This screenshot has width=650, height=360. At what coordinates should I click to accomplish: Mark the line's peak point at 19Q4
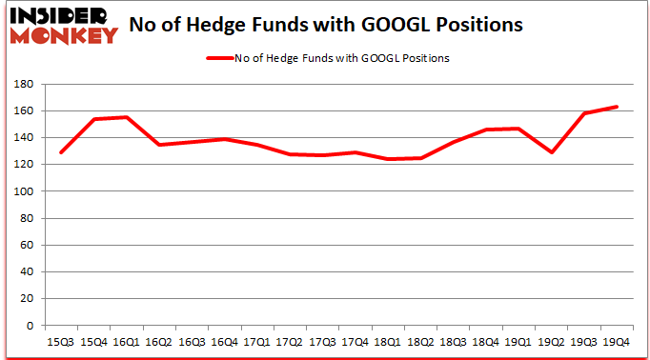point(616,107)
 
